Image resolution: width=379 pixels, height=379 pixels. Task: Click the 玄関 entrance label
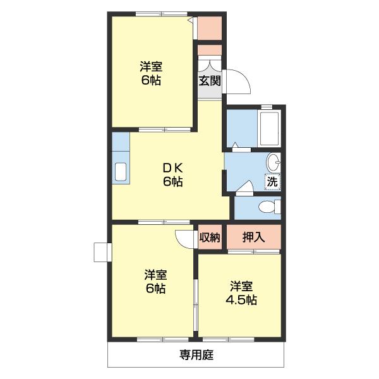210,81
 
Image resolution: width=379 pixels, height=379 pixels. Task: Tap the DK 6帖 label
172,174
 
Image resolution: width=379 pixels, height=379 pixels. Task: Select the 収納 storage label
210,238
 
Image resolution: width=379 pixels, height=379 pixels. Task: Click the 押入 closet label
253,238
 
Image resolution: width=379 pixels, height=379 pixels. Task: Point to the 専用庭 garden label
196,355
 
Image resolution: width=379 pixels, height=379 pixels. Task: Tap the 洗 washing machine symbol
272,182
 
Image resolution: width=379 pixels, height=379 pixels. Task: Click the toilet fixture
268,207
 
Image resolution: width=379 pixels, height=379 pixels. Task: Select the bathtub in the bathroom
270,129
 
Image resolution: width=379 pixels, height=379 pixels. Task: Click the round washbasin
274,162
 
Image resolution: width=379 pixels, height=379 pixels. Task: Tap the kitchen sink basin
120,171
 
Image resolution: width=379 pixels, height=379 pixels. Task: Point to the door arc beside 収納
185,239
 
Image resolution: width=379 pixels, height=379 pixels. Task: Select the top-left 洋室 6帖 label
150,73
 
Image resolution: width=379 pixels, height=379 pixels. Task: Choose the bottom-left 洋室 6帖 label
155,282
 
